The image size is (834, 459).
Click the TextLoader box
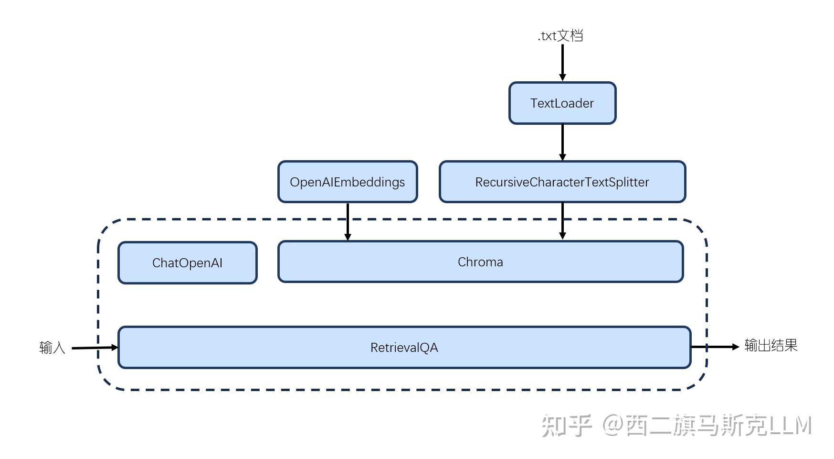pyautogui.click(x=562, y=103)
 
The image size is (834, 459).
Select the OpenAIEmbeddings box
pyautogui.click(x=347, y=182)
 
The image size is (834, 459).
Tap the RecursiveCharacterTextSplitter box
pyautogui.click(x=562, y=182)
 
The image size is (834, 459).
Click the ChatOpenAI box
pyautogui.click(x=187, y=263)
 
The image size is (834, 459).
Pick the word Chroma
pyautogui.click(x=480, y=262)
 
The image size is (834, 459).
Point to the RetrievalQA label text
pyautogui.click(x=404, y=348)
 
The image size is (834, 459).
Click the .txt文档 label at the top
pyautogui.click(x=560, y=36)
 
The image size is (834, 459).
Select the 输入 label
pyautogui.click(x=52, y=348)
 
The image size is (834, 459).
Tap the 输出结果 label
pyautogui.click(x=771, y=346)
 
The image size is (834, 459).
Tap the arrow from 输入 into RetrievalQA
pyautogui.click(x=93, y=348)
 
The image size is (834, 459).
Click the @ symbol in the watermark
pyautogui.click(x=612, y=426)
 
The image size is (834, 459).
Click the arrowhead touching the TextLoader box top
pyautogui.click(x=562, y=77)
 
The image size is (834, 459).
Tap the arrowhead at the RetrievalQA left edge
pyautogui.click(x=115, y=347)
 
